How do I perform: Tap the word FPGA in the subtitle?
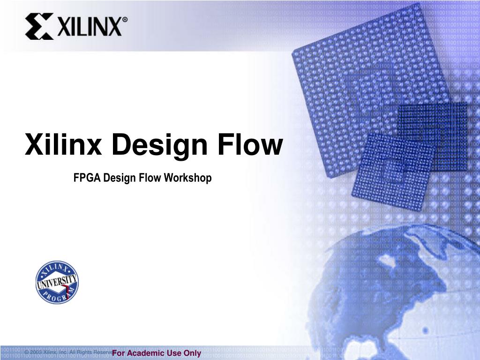87,178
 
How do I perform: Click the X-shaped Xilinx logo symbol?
39,26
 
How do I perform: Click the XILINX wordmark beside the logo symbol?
89,27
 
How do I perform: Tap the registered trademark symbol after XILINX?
125,20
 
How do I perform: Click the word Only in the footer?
192,353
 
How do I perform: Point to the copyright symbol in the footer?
28,352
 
